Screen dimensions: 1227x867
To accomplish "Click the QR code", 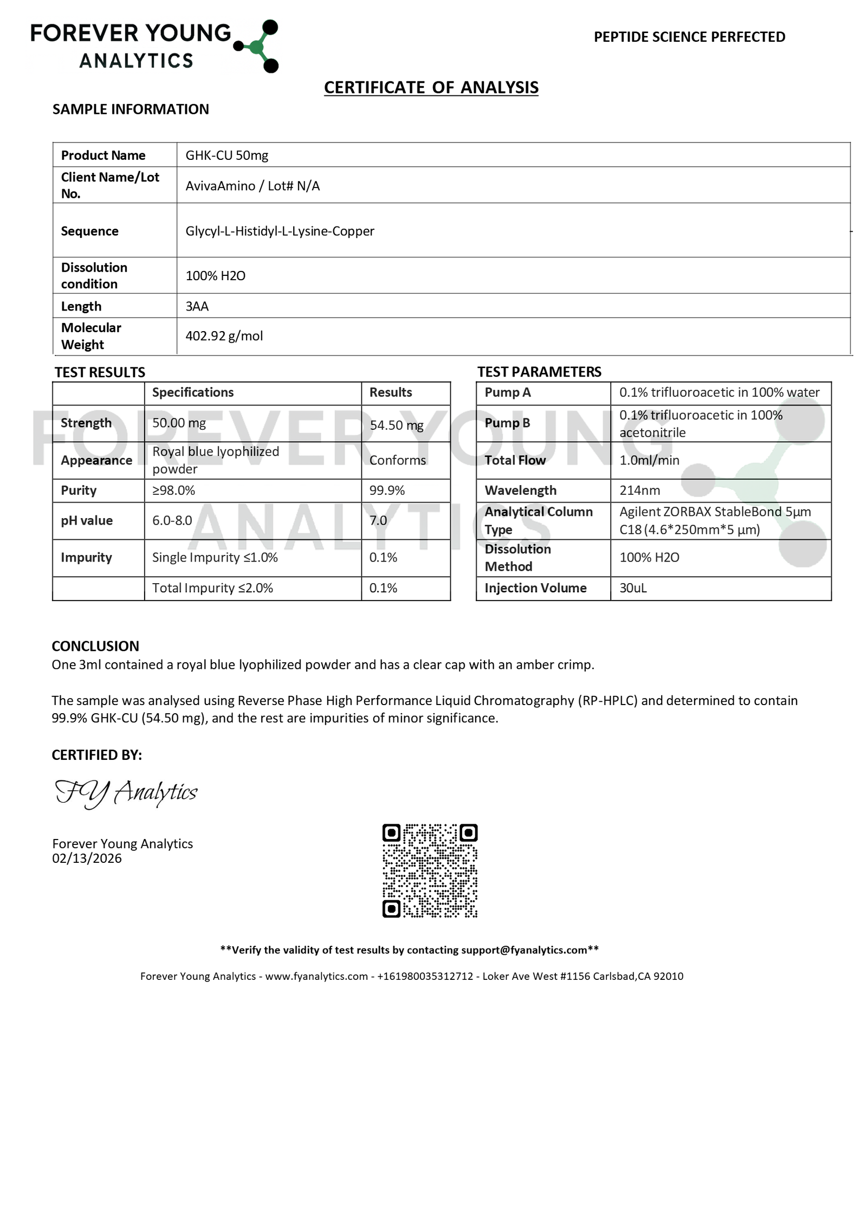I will [x=430, y=870].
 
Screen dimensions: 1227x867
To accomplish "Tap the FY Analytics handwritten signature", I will [x=126, y=792].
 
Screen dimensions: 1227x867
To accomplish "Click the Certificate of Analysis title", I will [x=431, y=87].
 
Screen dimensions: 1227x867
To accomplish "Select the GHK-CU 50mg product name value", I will [x=227, y=156].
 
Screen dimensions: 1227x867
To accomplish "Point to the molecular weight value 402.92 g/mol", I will [x=224, y=336].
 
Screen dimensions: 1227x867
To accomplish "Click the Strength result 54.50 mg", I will [x=396, y=425].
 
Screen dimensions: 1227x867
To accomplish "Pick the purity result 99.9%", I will [x=387, y=490].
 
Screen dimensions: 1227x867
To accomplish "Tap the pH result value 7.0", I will [x=378, y=520].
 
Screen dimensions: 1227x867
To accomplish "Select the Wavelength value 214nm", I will [x=639, y=490].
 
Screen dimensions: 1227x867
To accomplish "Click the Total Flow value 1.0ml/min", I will [x=649, y=460].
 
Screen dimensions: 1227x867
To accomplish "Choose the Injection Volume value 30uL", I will [x=633, y=588].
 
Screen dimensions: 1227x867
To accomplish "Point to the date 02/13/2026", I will [x=87, y=858].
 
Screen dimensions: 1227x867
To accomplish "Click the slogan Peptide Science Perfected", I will [x=689, y=37].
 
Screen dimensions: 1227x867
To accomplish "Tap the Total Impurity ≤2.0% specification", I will [x=212, y=588].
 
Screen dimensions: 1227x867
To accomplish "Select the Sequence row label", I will [x=89, y=231].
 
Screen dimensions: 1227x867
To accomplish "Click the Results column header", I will [x=390, y=392].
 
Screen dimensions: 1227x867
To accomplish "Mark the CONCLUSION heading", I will [x=95, y=646].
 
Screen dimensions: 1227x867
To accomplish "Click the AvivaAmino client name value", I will [x=220, y=186].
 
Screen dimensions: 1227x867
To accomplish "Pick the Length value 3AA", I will [x=197, y=306].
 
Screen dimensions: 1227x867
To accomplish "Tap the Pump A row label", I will [x=507, y=392].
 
